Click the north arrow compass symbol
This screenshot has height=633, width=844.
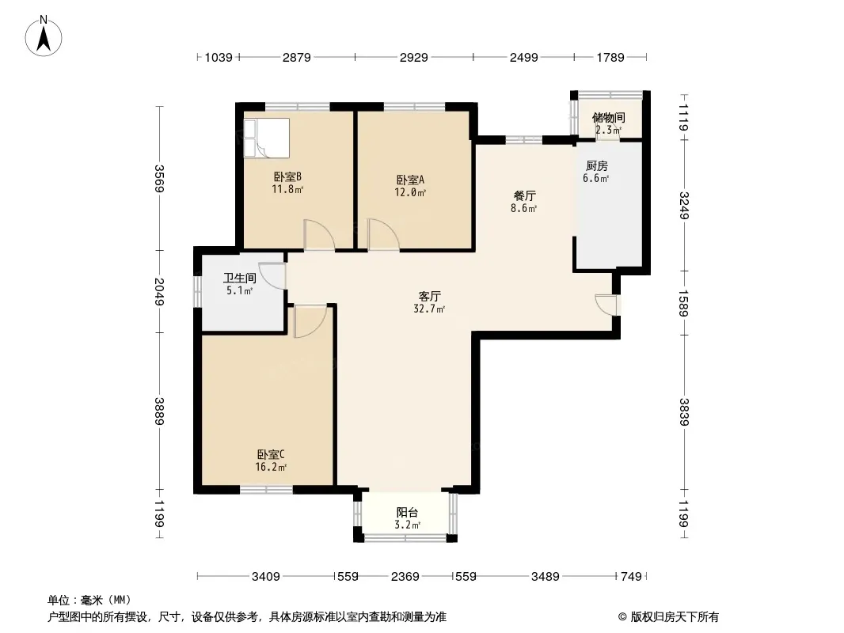pyautogui.click(x=44, y=36)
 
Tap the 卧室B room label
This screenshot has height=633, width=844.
pyautogui.click(x=287, y=176)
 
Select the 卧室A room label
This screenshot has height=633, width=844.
pyautogui.click(x=410, y=180)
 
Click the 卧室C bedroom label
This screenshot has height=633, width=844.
pyautogui.click(x=271, y=454)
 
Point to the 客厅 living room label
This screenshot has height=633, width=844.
pyautogui.click(x=430, y=297)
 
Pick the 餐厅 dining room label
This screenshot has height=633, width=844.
pyautogui.click(x=524, y=195)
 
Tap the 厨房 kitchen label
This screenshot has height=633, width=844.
pyautogui.click(x=596, y=166)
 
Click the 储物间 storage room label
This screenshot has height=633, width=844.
pyautogui.click(x=608, y=118)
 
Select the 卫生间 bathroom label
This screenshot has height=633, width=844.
pyautogui.click(x=240, y=278)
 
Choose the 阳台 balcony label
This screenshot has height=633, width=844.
pyautogui.click(x=407, y=513)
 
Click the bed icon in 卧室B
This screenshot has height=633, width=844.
pyautogui.click(x=267, y=138)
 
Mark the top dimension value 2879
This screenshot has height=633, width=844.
pyautogui.click(x=297, y=57)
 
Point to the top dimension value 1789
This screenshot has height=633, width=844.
pyautogui.click(x=610, y=57)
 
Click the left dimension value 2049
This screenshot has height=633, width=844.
pyautogui.click(x=159, y=291)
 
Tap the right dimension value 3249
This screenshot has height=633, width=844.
pyautogui.click(x=683, y=206)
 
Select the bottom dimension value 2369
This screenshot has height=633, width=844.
pyautogui.click(x=405, y=577)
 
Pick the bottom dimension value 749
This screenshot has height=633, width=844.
pyautogui.click(x=631, y=577)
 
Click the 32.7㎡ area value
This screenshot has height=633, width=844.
pyautogui.click(x=429, y=309)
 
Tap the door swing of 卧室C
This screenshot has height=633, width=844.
pyautogui.click(x=310, y=321)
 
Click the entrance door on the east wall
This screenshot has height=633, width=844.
pyautogui.click(x=608, y=305)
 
